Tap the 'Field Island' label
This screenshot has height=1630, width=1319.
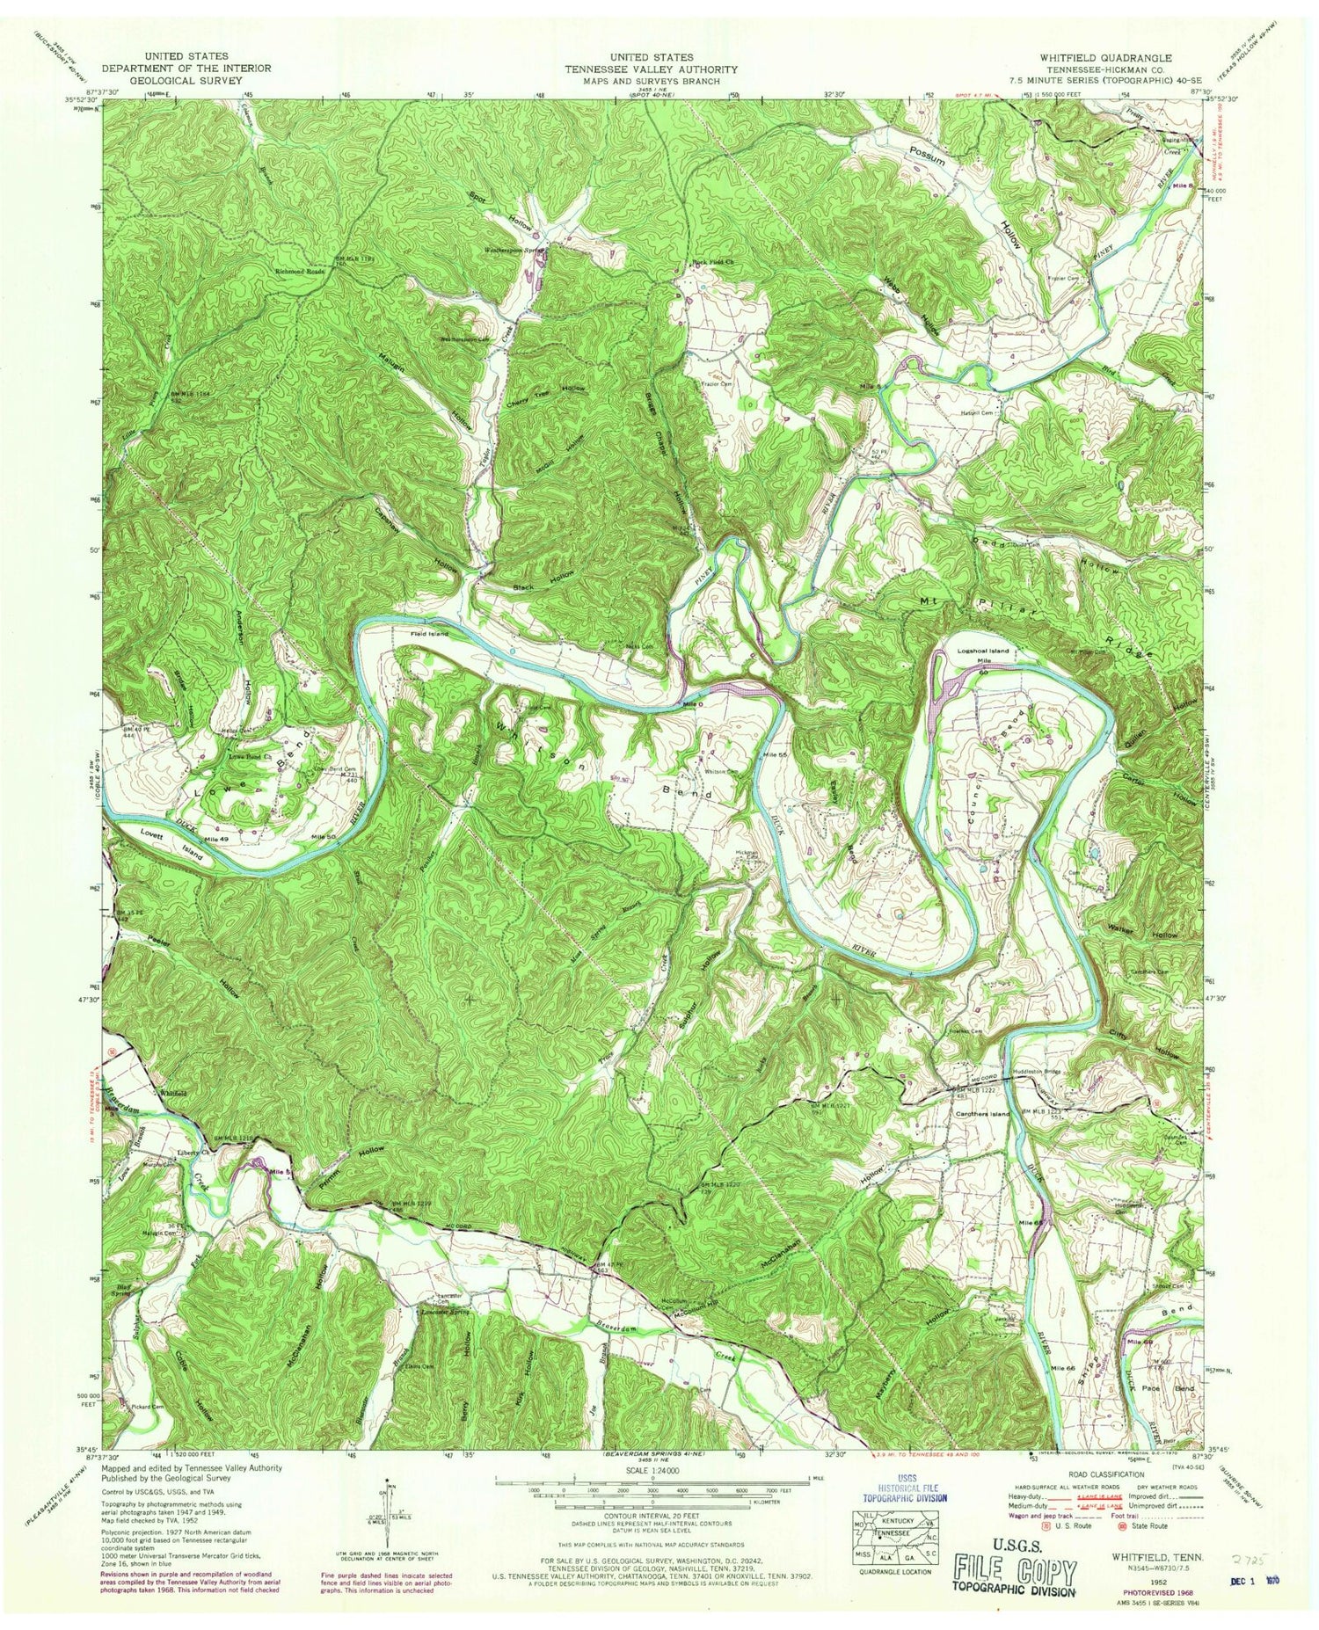428,634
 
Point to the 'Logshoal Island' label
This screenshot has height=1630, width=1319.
982,651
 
